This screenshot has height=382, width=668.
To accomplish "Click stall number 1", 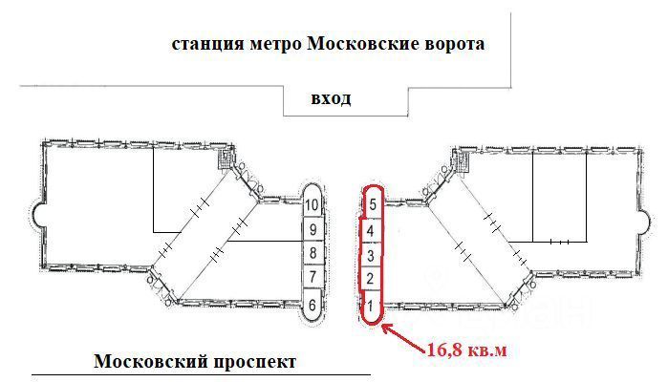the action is point(371,306).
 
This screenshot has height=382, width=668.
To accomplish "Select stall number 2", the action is point(370,279).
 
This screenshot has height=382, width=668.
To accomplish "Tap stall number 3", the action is point(370,256).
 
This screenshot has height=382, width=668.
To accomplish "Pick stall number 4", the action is point(370,231).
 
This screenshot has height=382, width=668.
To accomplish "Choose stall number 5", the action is point(373,204).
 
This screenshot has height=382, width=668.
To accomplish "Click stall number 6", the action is point(312,305).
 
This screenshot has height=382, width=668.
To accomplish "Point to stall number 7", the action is point(312,277).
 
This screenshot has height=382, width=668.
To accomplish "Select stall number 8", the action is point(312,253).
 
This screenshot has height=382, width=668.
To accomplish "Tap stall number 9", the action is point(312,230).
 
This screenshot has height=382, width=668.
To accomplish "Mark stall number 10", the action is point(312,204).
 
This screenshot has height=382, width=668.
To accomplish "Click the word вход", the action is point(331,98).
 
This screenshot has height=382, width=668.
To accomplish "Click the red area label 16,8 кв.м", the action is point(467,350).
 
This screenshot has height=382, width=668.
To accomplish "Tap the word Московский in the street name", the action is point(150,362).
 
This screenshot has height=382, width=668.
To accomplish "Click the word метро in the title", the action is point(275,44).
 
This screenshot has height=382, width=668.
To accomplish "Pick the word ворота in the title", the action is point(455,45).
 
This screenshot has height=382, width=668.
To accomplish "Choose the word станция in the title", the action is point(208,45).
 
